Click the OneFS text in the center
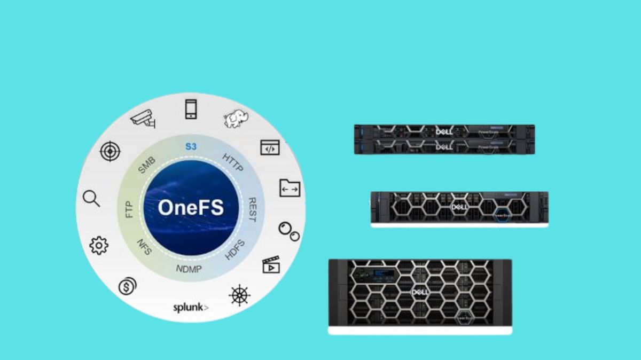point(191,208)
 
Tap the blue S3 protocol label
point(191,146)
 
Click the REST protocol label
point(253,209)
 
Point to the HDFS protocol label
point(234,250)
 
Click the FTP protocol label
point(129,209)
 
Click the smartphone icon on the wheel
point(191,109)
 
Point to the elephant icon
point(235,119)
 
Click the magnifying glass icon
point(91,199)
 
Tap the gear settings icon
point(99,245)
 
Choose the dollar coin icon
point(127,287)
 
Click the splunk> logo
point(191,308)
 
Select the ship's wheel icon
point(238,295)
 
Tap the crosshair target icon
point(110,152)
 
